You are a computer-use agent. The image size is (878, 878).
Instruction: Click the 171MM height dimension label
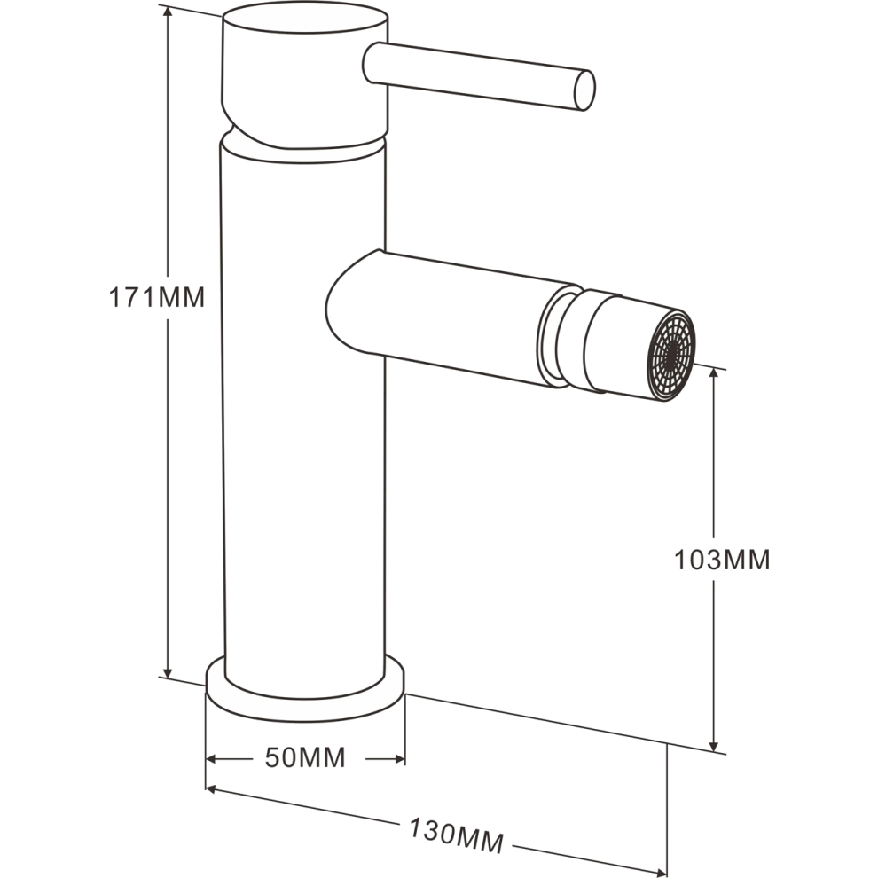tap(157, 297)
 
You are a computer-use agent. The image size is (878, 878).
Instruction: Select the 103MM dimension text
tap(722, 560)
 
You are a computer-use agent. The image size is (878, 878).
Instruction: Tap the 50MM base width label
tap(305, 757)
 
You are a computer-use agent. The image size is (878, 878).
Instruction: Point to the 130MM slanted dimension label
tap(457, 836)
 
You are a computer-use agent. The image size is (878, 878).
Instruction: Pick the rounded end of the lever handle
tap(584, 90)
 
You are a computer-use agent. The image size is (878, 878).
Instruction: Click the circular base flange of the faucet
tap(305, 690)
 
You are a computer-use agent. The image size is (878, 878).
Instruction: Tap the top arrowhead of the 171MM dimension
tap(167, 13)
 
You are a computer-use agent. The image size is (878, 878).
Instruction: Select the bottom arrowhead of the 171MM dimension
tap(167, 672)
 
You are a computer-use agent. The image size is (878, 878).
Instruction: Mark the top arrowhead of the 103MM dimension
tap(713, 374)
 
